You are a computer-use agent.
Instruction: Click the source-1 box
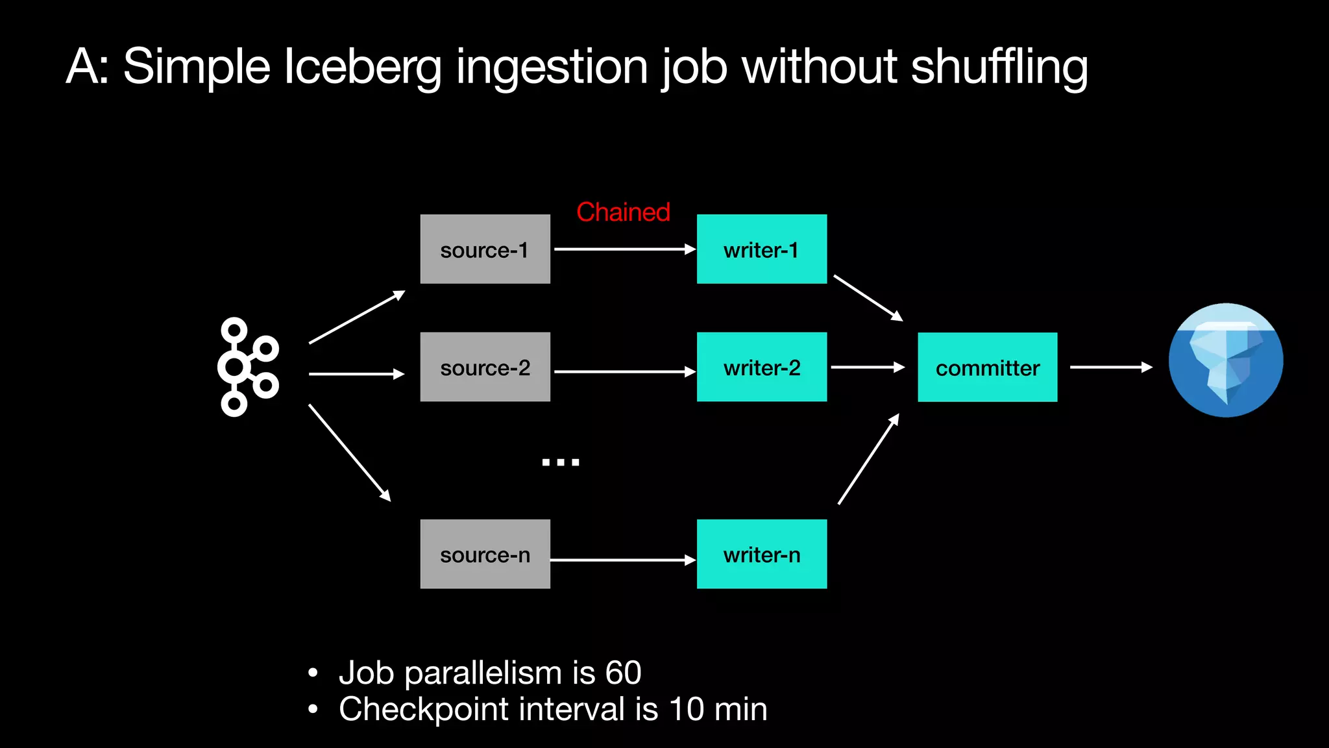click(x=485, y=249)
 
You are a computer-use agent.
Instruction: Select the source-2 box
click(x=485, y=367)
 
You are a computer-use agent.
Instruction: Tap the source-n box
click(x=485, y=554)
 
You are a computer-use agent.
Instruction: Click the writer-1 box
click(x=761, y=249)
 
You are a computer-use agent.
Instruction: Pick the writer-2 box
click(x=761, y=367)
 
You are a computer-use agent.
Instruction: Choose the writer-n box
click(x=761, y=554)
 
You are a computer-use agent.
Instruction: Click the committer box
click(x=987, y=368)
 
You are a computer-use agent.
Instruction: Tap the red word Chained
click(x=623, y=212)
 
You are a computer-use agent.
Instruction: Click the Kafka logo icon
click(x=248, y=367)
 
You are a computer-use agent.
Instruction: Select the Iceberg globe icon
click(x=1225, y=360)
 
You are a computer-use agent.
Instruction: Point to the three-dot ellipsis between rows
click(x=560, y=462)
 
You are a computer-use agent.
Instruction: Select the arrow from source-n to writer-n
click(x=622, y=560)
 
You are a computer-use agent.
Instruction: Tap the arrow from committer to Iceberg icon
click(x=1110, y=368)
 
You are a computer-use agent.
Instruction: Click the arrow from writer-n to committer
click(x=868, y=459)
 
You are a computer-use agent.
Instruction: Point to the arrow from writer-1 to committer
click(x=868, y=297)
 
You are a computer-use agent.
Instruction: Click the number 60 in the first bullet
click(x=622, y=673)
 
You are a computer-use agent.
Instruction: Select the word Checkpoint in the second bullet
click(x=423, y=709)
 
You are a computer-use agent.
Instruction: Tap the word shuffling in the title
click(x=999, y=67)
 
